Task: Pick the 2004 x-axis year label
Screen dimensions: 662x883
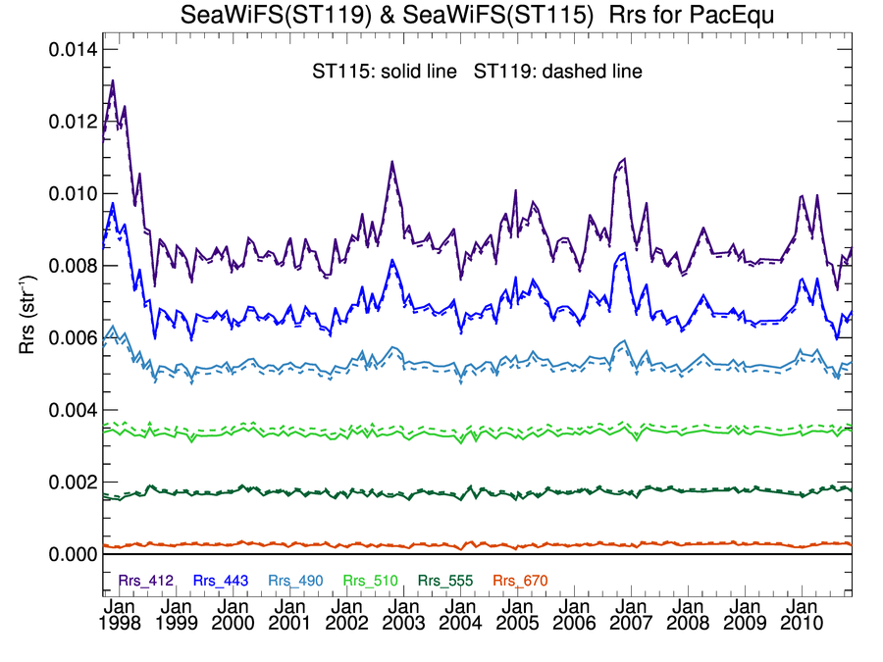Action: pos(460,623)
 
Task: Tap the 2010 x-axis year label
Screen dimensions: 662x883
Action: pos(802,623)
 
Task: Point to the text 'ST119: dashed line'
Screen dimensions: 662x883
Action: pos(558,72)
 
